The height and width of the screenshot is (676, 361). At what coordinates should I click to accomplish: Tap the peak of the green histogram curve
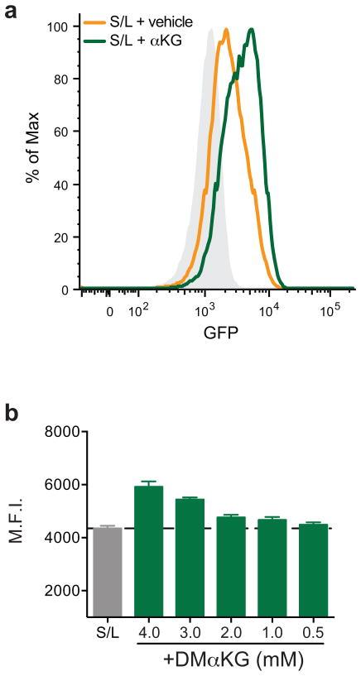click(250, 30)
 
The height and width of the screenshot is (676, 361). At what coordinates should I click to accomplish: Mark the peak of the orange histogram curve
click(224, 30)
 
